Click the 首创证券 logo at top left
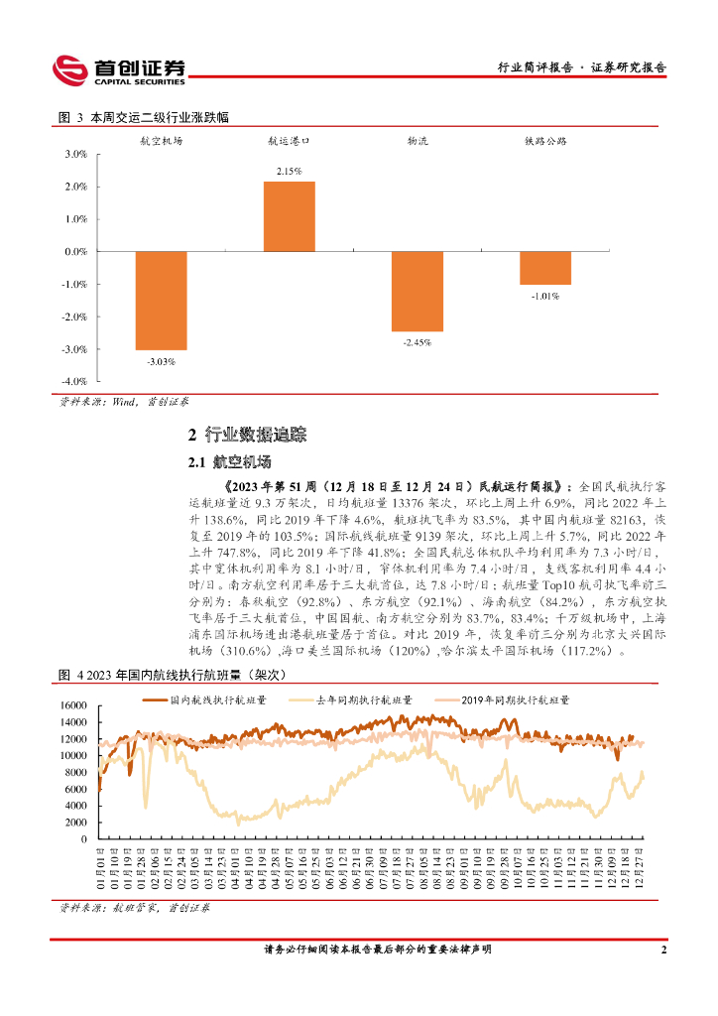tap(119, 69)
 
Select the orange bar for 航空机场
tap(161, 300)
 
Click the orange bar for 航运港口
tap(289, 216)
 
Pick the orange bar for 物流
tap(417, 291)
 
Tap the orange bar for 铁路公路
tap(545, 268)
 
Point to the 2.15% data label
tap(289, 172)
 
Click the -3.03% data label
tap(161, 361)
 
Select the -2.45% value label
tap(417, 342)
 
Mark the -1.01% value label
tap(545, 296)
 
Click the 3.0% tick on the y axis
tap(76, 155)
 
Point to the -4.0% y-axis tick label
tap(75, 382)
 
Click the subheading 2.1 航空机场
tap(229, 462)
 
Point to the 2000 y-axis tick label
tap(76, 822)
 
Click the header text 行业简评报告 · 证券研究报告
tap(581, 68)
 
